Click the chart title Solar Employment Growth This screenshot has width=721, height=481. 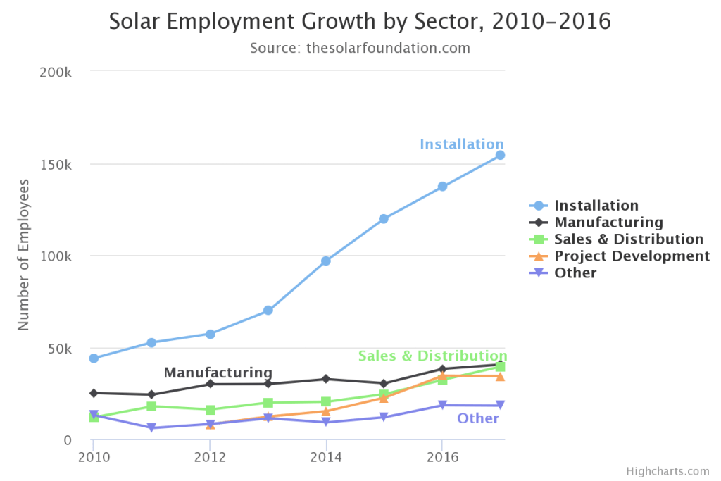tap(360, 22)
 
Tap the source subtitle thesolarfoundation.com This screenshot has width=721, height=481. tap(360, 49)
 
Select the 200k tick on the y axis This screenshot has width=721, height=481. tap(57, 73)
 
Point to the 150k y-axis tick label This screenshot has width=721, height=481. tap(57, 164)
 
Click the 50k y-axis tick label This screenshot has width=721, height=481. tap(60, 348)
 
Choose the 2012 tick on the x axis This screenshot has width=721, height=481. tap(210, 456)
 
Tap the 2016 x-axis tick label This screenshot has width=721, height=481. tap(441, 456)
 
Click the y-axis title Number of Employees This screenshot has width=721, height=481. tap(24, 254)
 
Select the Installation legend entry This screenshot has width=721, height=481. tap(596, 206)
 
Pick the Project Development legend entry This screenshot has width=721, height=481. tap(632, 256)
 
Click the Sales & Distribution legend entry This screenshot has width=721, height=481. tap(628, 239)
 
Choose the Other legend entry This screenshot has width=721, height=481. tap(575, 273)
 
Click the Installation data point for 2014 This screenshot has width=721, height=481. tap(326, 261)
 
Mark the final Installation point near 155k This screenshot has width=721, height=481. tap(500, 155)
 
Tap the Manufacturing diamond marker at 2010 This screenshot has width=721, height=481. tap(94, 393)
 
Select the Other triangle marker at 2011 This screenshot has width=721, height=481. tap(151, 428)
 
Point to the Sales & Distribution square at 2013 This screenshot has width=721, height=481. tap(268, 403)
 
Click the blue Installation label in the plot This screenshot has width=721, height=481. tap(462, 144)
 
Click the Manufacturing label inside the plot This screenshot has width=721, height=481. tap(218, 373)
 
